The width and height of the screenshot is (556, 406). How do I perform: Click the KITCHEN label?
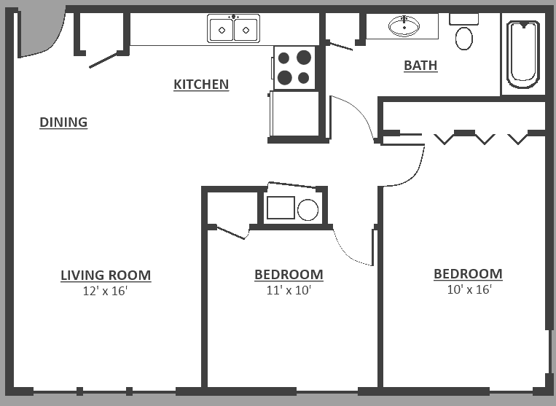tap(201, 85)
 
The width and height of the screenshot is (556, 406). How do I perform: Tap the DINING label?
tap(63, 122)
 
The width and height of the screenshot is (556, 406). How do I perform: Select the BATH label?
tap(420, 66)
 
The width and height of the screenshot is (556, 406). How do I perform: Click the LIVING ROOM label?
tap(106, 276)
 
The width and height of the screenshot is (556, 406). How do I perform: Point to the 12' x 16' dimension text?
tap(106, 291)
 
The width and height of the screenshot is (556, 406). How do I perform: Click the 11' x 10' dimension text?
tap(289, 290)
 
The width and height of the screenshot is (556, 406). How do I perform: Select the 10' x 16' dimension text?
tap(469, 289)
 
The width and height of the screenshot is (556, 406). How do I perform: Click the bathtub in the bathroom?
tap(523, 54)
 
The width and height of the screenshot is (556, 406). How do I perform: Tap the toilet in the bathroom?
tap(463, 33)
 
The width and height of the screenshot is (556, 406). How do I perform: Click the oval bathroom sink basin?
tap(404, 28)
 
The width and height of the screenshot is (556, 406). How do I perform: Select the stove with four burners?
tap(295, 66)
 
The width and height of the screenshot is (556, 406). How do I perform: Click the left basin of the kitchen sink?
tap(222, 30)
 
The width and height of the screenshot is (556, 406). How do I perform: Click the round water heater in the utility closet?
tap(308, 210)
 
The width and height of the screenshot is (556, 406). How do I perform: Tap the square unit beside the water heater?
tap(281, 208)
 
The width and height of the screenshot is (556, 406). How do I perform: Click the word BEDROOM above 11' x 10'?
tap(289, 275)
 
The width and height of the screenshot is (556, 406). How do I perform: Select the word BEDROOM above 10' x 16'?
tap(468, 274)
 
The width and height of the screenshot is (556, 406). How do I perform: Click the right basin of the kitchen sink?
tap(246, 30)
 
